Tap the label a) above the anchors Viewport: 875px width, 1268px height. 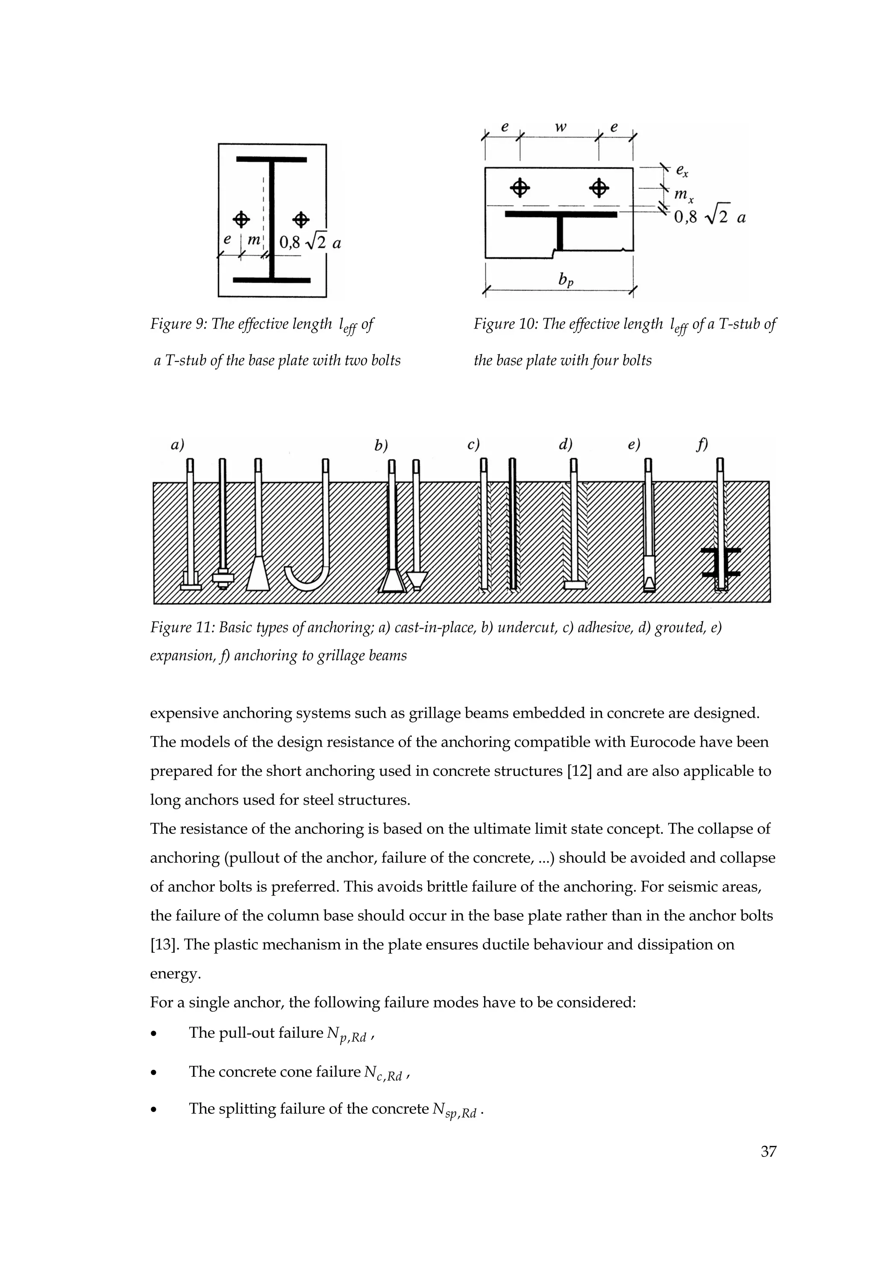(x=176, y=445)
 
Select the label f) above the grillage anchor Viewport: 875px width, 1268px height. (x=702, y=445)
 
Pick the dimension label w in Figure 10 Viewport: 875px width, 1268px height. (x=560, y=127)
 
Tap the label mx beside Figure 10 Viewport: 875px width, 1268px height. (x=683, y=195)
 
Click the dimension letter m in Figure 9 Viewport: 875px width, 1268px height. (x=253, y=240)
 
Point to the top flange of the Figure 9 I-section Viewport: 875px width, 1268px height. (x=271, y=159)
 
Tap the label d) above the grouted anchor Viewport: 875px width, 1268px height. (x=565, y=445)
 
